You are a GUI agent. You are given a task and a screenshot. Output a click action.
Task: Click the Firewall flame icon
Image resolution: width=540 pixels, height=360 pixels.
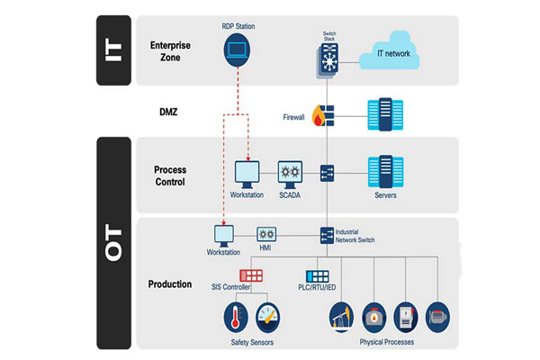(x=318, y=114)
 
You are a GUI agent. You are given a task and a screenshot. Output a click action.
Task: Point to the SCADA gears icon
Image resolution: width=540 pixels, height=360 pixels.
(x=290, y=172)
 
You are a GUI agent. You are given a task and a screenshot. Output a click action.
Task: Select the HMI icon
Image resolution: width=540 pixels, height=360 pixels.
(x=266, y=233)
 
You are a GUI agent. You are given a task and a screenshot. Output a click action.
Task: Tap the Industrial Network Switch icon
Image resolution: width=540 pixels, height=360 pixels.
(x=328, y=236)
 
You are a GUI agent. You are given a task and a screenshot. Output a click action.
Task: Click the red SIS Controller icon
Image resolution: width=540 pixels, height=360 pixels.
(x=252, y=274)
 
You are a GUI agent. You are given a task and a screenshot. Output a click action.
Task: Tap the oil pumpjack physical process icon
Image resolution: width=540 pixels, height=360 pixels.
(x=341, y=317)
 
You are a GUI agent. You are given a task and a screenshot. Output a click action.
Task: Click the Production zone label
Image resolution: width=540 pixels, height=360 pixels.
(x=170, y=283)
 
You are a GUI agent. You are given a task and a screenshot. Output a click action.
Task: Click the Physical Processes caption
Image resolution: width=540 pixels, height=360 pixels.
(x=389, y=342)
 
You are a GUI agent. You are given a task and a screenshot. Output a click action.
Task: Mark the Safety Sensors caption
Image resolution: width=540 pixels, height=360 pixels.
(x=252, y=342)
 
